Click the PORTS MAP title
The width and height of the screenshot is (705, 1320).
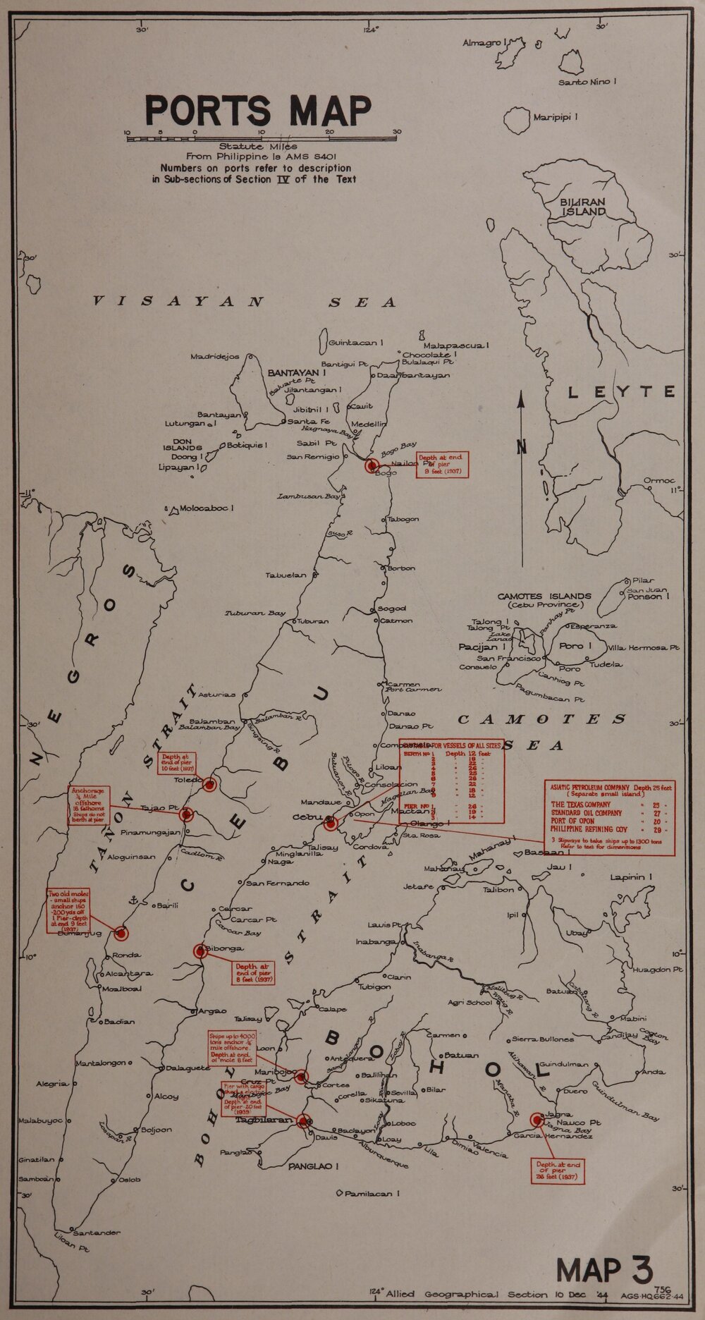(x=258, y=109)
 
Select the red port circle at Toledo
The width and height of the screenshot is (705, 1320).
(x=209, y=783)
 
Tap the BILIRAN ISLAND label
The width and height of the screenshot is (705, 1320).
(x=583, y=207)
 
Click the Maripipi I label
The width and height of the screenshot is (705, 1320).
(x=556, y=116)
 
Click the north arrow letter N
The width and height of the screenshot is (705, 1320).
(x=521, y=446)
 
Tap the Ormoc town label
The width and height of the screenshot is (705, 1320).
(x=659, y=481)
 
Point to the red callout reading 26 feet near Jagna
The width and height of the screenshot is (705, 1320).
(x=558, y=1170)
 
